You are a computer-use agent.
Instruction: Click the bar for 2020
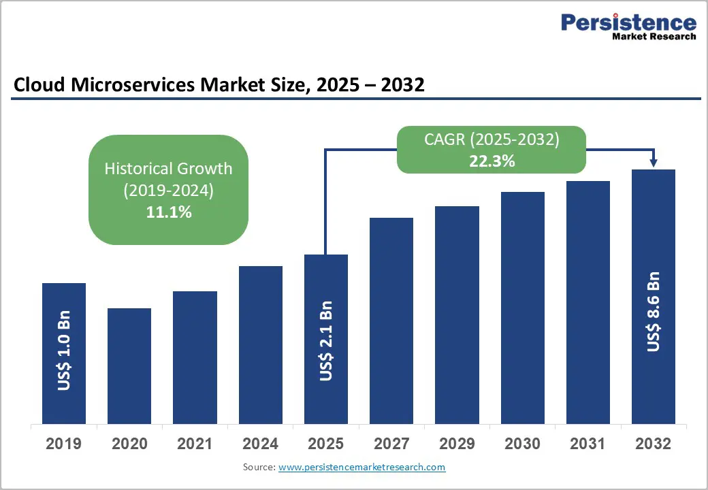(129, 366)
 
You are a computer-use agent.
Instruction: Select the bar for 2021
(195, 357)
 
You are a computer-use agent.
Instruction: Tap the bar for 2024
(260, 345)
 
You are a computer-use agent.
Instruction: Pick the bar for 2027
(391, 321)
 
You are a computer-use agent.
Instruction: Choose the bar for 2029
(457, 315)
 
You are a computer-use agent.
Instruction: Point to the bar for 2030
(523, 308)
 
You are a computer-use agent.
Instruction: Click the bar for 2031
(588, 302)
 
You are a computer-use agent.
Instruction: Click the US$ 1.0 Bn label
(64, 352)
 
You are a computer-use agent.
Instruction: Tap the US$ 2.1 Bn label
(326, 340)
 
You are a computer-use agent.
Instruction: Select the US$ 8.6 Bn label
(654, 312)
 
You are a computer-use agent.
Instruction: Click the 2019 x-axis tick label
(64, 444)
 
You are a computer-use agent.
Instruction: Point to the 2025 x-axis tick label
(326, 444)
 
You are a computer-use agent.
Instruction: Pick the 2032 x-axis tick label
(654, 444)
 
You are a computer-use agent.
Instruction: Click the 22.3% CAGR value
(492, 162)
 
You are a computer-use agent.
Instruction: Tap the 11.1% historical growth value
(169, 212)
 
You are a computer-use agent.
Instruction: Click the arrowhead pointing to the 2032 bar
(654, 163)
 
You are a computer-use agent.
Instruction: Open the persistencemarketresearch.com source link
(362, 468)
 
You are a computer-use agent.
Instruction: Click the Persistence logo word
(628, 22)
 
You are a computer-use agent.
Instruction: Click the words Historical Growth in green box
(168, 169)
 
